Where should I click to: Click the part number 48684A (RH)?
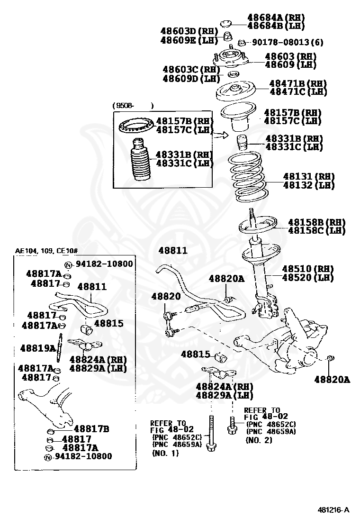pyautogui.click(x=275, y=18)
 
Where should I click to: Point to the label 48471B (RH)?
pyautogui.click(x=298, y=83)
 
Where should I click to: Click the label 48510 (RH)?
pyautogui.click(x=308, y=268)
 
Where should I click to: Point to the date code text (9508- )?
pyautogui.click(x=133, y=105)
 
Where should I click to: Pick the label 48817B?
pyautogui.click(x=91, y=428)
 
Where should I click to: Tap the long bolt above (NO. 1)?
pyautogui.click(x=211, y=431)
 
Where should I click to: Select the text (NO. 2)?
pyautogui.click(x=259, y=440)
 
